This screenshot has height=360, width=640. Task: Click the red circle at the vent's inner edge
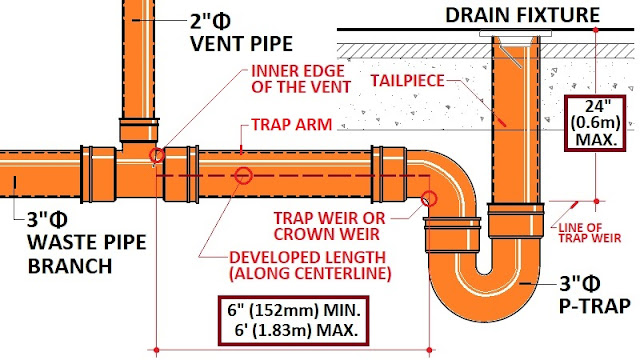[156, 155]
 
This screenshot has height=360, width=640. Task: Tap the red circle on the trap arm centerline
[242, 175]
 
